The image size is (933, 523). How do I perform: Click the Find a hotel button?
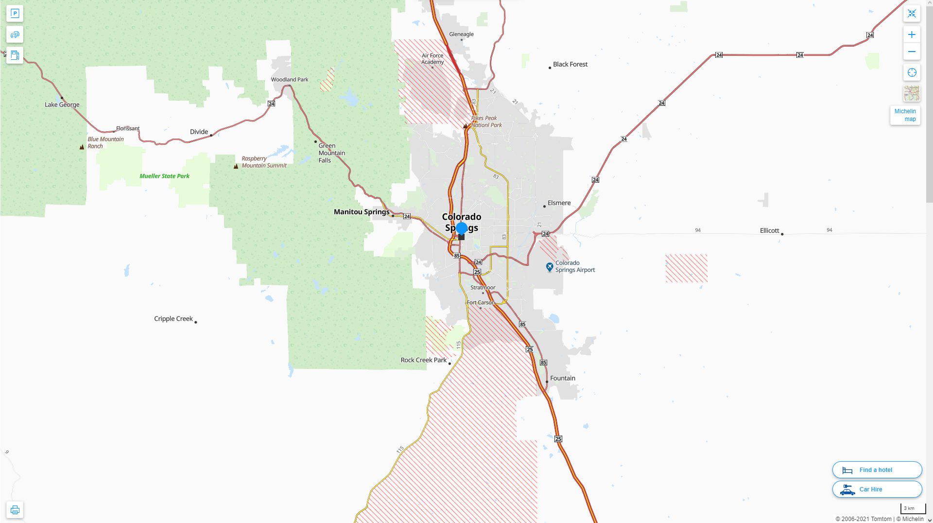click(x=877, y=470)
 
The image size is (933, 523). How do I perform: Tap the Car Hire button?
click(x=877, y=489)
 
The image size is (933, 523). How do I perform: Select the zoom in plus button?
click(x=912, y=35)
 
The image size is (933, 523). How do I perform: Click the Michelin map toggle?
click(x=905, y=115)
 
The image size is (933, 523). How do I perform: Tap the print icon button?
click(x=15, y=510)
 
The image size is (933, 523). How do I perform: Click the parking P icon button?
click(x=15, y=14)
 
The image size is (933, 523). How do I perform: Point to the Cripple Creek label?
click(x=173, y=319)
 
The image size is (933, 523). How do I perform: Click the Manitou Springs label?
click(x=362, y=212)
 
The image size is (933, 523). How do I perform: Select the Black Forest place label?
click(x=570, y=64)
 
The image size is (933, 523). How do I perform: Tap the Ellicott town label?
click(x=769, y=230)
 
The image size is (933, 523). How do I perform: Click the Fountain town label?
click(x=562, y=378)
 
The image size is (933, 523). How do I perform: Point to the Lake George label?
click(x=62, y=105)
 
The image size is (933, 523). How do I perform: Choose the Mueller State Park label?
click(x=164, y=176)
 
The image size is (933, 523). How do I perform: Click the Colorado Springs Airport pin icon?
click(x=549, y=267)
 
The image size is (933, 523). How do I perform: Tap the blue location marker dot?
click(x=462, y=228)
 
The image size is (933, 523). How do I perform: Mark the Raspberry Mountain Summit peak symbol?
click(x=236, y=166)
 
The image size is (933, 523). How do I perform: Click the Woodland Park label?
click(x=290, y=80)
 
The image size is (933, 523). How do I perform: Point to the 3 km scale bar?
click(x=913, y=509)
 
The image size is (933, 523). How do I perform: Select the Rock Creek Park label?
click(x=423, y=360)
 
